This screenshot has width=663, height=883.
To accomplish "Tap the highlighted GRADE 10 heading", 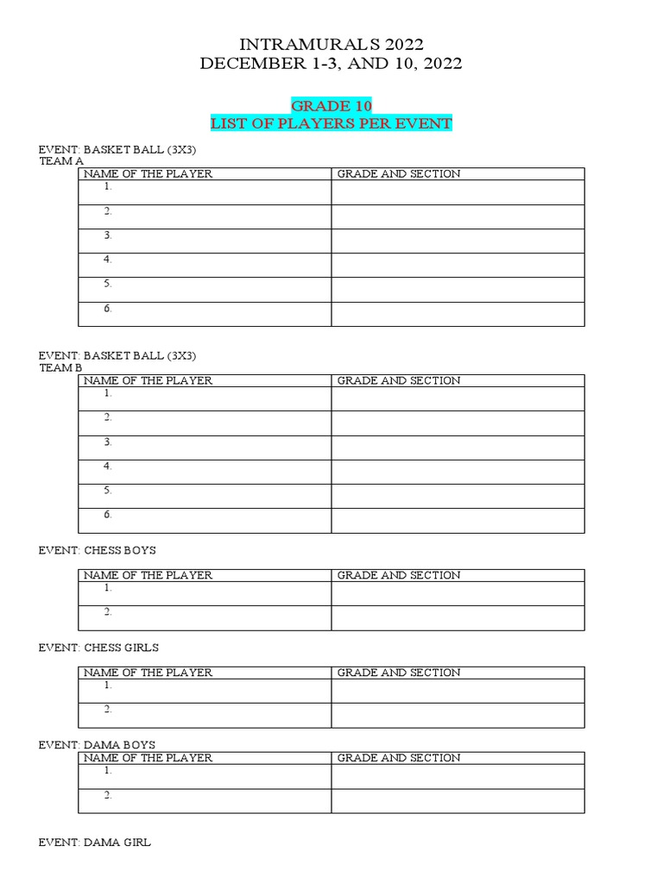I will click(x=331, y=105).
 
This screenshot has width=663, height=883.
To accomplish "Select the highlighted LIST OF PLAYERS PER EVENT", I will click(x=331, y=123).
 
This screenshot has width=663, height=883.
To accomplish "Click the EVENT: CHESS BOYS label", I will click(x=97, y=549).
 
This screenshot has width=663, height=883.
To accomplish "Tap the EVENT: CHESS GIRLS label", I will click(x=98, y=647).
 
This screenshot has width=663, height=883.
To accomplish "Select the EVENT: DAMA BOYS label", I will click(x=97, y=744).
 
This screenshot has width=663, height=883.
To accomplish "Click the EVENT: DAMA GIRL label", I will click(x=94, y=842).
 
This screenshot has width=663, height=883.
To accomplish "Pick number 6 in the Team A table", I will click(x=108, y=308).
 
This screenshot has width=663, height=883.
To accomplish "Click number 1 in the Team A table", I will click(x=108, y=186).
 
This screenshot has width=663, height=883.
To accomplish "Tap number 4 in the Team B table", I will click(x=108, y=466).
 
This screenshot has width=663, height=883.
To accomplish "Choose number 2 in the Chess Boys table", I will click(x=108, y=611).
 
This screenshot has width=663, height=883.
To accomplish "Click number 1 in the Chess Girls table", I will click(x=108, y=686).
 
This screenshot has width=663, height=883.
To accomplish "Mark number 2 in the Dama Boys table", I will click(x=108, y=795).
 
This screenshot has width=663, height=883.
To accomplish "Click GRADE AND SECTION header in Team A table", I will click(x=399, y=174).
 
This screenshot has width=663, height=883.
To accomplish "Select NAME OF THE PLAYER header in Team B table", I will click(x=148, y=380).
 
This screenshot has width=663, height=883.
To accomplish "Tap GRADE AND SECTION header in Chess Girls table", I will click(x=399, y=673).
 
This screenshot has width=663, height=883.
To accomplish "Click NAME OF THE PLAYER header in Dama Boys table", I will click(x=148, y=758).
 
